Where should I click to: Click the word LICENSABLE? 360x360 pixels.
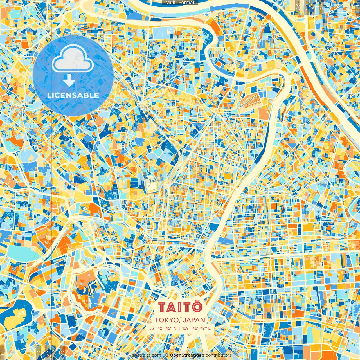point(73,95)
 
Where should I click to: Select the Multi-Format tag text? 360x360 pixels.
point(180,3)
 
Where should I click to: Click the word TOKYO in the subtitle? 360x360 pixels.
point(166,320)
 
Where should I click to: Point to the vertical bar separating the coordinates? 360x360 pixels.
point(179,328)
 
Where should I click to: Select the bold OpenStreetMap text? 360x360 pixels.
point(187,355)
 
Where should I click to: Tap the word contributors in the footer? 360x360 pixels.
point(219,355)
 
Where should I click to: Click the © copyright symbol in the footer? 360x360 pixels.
point(166,355)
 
